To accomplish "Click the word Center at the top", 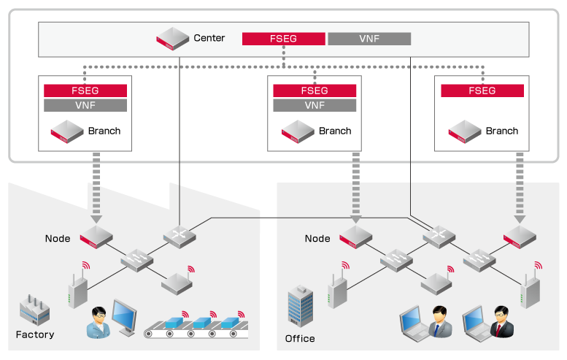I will [209, 38].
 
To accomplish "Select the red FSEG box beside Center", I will [283, 39].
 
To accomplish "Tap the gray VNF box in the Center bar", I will [369, 39].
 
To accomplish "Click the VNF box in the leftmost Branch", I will [85, 105].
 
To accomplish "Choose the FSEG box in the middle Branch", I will [315, 91].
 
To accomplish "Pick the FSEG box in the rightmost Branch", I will [482, 91].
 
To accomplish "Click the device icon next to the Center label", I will [172, 39].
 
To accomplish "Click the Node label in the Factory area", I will [58, 239].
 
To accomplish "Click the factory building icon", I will [34, 310].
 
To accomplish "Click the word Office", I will [300, 339].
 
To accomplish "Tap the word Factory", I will [35, 335].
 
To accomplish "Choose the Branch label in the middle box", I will [335, 131].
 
